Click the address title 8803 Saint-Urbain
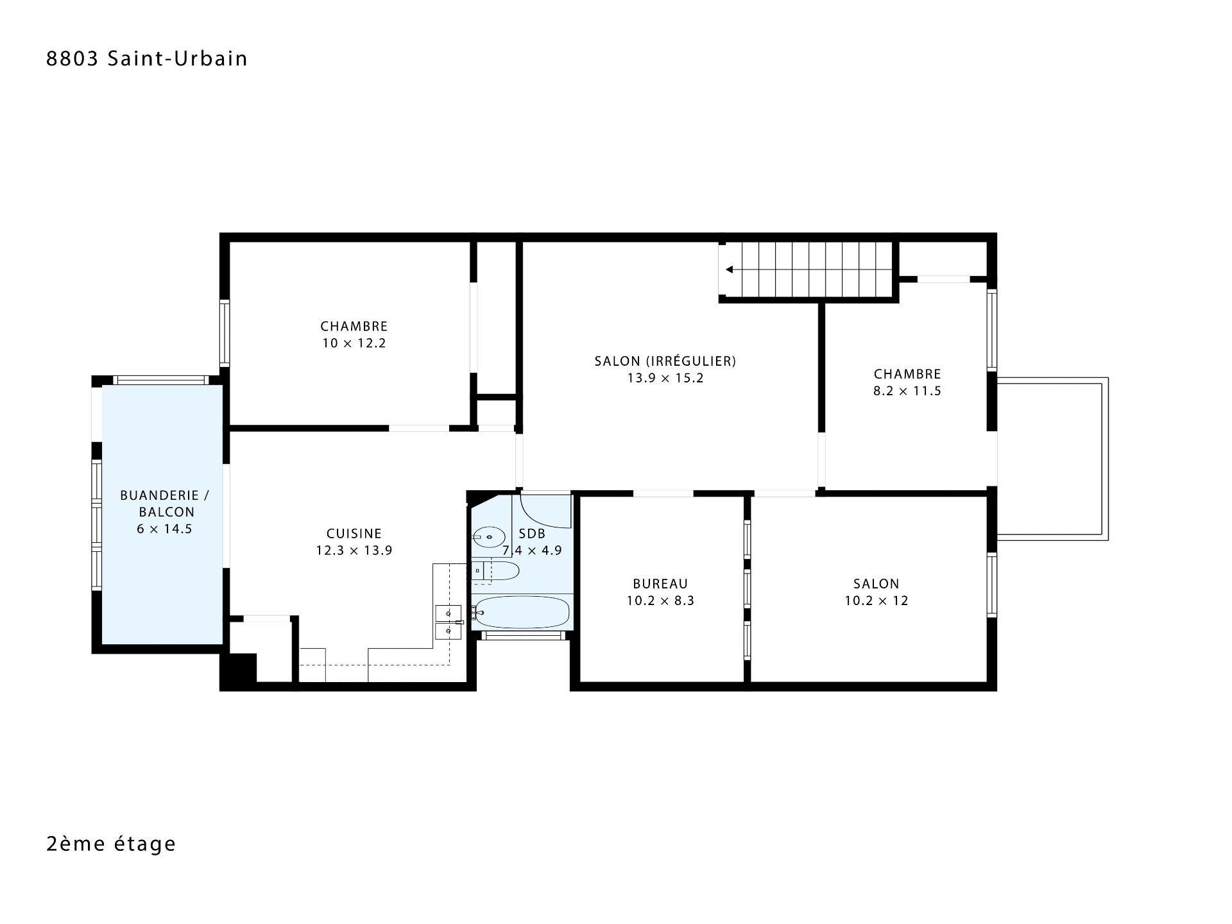[x=147, y=58]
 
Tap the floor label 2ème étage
[x=111, y=843]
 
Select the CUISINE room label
[x=354, y=533]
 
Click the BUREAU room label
[x=660, y=584]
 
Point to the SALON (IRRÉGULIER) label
[x=665, y=361]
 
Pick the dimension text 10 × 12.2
[x=354, y=343]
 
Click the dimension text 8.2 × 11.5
[x=907, y=391]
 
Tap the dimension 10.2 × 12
[x=877, y=601]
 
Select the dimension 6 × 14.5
[x=164, y=529]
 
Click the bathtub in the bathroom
[x=520, y=613]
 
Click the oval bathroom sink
[x=489, y=536]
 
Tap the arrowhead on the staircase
[x=730, y=269]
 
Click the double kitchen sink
[x=448, y=622]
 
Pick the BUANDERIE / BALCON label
[x=164, y=504]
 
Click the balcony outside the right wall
[x=1052, y=459]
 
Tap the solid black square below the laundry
[x=238, y=671]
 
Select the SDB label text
[x=532, y=534]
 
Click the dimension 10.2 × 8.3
[x=660, y=601]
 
